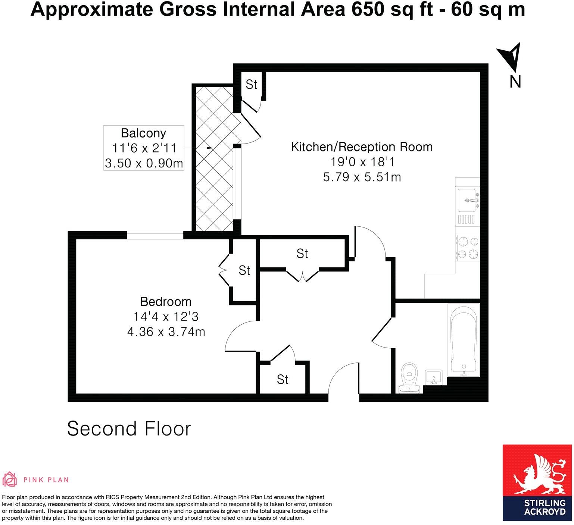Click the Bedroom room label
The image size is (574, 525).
coord(166,301)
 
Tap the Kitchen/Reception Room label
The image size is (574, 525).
coord(362,147)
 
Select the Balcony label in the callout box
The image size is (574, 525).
coord(143,133)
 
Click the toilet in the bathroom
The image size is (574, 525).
coord(409,377)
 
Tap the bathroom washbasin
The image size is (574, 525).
coord(433,377)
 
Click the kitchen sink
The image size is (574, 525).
coord(467,200)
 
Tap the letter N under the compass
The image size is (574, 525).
coord(515,81)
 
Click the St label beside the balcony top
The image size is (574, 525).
coord(252,85)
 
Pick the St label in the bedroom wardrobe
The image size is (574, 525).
coord(244,270)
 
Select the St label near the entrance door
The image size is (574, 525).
coord(283,380)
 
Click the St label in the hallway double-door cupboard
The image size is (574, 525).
coord(302,254)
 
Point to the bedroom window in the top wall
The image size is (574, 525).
coord(155,235)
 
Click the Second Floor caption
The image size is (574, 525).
coord(129,429)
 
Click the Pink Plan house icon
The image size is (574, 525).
coord(10,480)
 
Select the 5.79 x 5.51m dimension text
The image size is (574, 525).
coord(362,177)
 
